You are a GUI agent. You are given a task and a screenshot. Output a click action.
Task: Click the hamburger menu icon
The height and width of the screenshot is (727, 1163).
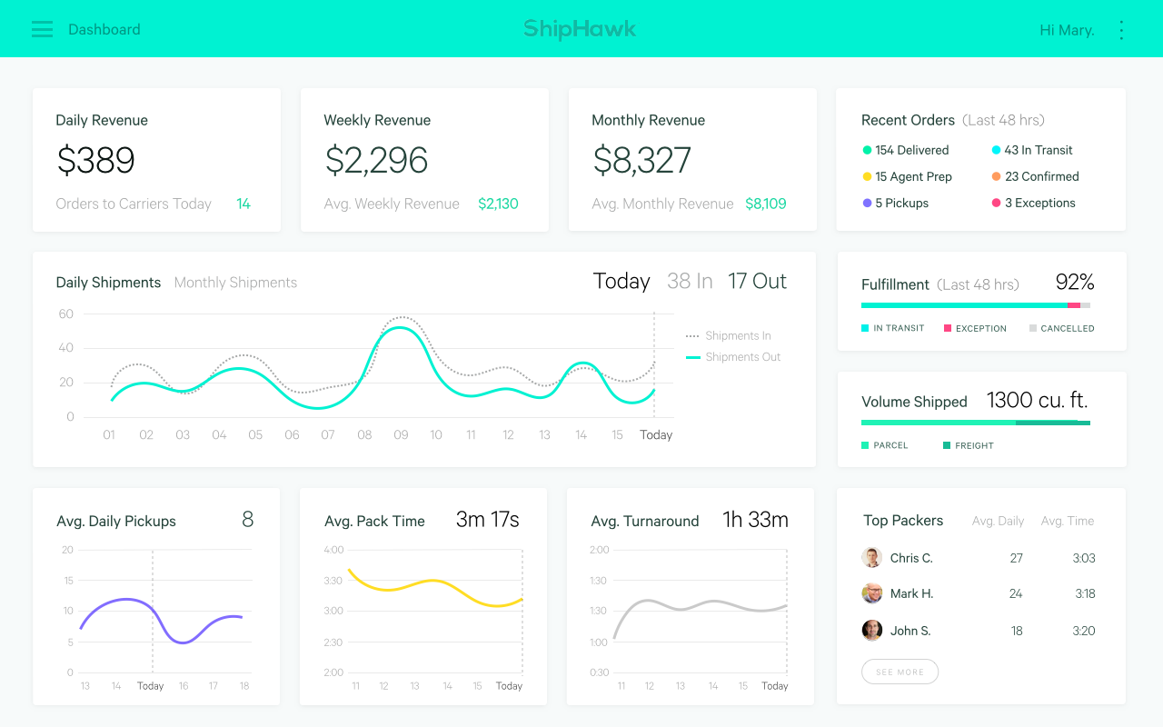42,29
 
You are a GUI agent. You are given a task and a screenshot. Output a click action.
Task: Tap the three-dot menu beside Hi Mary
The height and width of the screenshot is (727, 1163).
1121,30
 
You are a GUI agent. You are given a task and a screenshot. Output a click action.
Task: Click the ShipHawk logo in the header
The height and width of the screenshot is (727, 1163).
580,29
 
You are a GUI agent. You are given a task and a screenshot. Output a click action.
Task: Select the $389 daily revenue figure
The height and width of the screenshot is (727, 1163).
95,161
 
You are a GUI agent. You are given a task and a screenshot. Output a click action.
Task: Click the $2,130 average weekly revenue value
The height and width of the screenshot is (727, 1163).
498,204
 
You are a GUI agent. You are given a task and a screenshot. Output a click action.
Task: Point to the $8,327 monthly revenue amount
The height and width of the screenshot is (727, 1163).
641,161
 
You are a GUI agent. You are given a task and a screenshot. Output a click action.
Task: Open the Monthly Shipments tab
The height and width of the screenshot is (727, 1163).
235,283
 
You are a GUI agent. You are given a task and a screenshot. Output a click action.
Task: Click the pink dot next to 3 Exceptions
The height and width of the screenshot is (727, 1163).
997,203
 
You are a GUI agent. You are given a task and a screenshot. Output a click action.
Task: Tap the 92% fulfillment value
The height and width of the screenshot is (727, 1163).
1074,283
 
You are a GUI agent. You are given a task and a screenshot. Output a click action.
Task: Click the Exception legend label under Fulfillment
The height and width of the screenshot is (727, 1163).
980,328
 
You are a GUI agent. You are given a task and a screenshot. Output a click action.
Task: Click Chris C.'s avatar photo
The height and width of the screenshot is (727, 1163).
872,558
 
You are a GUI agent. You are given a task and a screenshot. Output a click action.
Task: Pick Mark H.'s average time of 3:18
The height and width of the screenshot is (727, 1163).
1084,593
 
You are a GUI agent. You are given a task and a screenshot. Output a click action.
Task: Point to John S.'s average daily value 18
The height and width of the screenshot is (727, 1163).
1016,631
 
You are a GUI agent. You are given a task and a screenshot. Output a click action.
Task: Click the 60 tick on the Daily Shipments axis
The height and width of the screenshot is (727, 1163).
65,314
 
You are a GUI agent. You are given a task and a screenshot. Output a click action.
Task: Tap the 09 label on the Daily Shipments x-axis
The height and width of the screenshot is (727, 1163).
401,435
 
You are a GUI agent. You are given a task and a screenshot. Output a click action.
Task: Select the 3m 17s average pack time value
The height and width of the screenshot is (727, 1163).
487,520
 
